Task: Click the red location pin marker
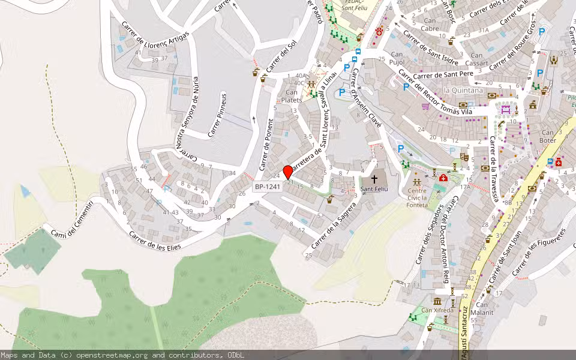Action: [287, 172]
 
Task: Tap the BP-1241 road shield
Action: [266, 187]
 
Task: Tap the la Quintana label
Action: [463, 91]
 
